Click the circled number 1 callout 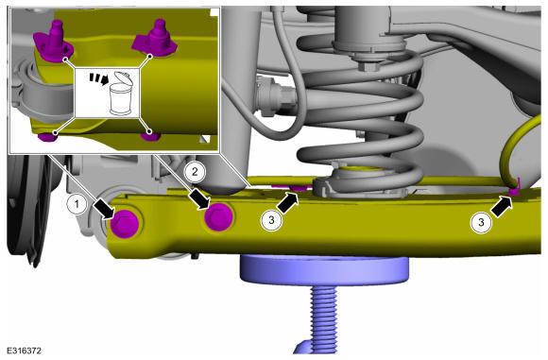click(x=77, y=204)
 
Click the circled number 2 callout click(x=195, y=172)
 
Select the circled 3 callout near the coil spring click(x=271, y=220)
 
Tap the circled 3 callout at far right click(x=481, y=222)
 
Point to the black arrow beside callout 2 click(x=200, y=200)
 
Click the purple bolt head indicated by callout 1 click(x=125, y=225)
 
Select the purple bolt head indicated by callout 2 click(x=219, y=217)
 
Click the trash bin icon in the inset click(x=121, y=94)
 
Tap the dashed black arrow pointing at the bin click(x=98, y=78)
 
